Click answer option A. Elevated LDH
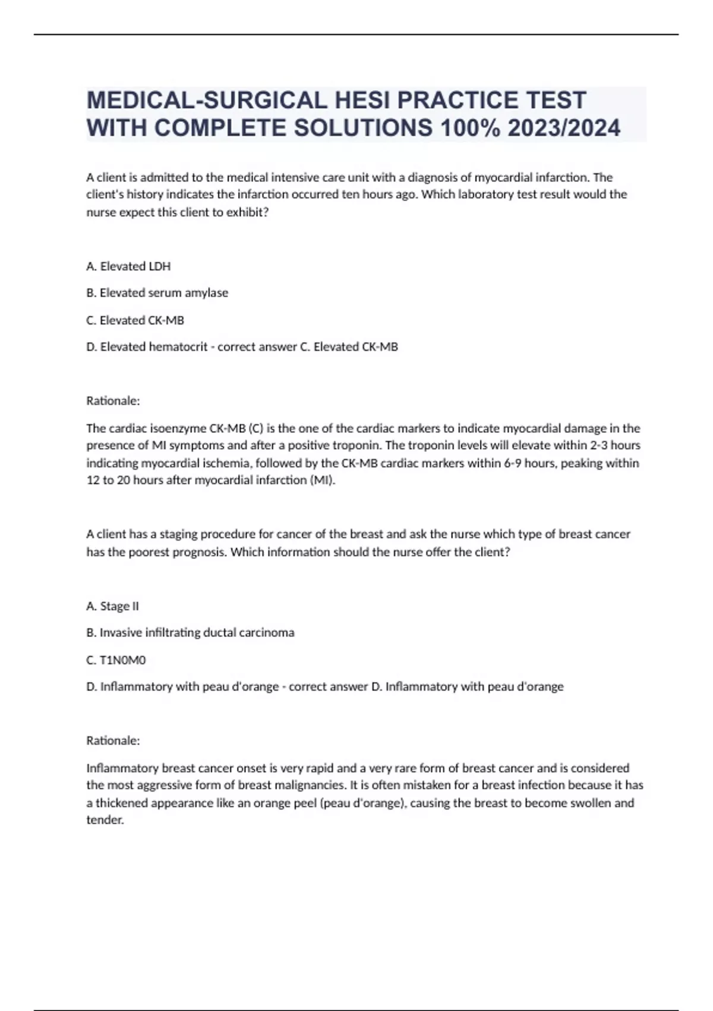[x=128, y=266]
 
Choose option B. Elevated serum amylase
[x=157, y=293]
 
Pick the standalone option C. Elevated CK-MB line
[x=135, y=320]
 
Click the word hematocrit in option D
[x=181, y=347]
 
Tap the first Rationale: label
[x=113, y=401]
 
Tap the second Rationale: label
[x=113, y=740]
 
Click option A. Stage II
[x=113, y=606]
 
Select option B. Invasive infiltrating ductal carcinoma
[x=190, y=633]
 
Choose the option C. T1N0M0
[x=116, y=660]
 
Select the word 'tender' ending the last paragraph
[x=105, y=820]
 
